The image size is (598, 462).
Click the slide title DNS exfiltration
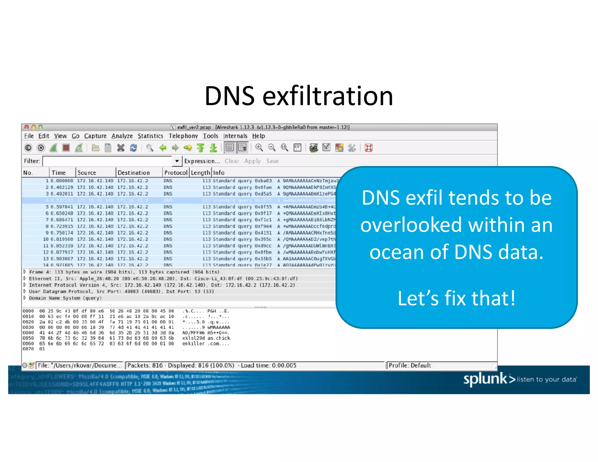pos(299,96)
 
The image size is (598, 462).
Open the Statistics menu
pos(150,136)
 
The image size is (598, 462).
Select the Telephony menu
pos(183,136)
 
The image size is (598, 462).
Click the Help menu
pos(258,136)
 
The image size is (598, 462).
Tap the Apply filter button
pos(252,161)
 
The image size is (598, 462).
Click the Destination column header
pos(133,173)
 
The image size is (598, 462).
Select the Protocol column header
pos(175,173)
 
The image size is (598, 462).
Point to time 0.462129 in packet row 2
pos(62,187)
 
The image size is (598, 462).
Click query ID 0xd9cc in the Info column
pos(263,246)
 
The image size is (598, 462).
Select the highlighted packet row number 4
pos(47,200)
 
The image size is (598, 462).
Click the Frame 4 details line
pos(124,272)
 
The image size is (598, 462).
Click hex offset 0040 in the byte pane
pos(28,333)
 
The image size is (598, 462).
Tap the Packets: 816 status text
pos(145,365)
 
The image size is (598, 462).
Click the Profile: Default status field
pos(410,365)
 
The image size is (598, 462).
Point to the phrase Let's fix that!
pos(456,298)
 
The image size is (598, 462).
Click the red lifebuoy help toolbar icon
pos(368,148)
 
